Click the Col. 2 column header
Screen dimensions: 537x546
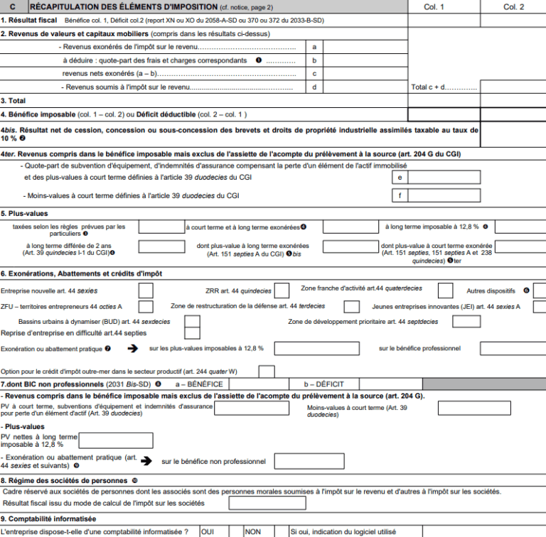coord(513,6)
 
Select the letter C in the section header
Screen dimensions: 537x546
coord(12,6)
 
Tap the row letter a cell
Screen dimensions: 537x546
coord(314,47)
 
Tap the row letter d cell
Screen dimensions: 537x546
coord(314,87)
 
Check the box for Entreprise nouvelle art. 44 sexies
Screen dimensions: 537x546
coord(146,291)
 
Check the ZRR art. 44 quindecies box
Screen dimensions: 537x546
coord(282,291)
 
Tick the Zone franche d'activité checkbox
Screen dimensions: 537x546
coord(446,291)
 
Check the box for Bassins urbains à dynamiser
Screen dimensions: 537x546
coord(192,322)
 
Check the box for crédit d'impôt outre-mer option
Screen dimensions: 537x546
coord(267,371)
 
